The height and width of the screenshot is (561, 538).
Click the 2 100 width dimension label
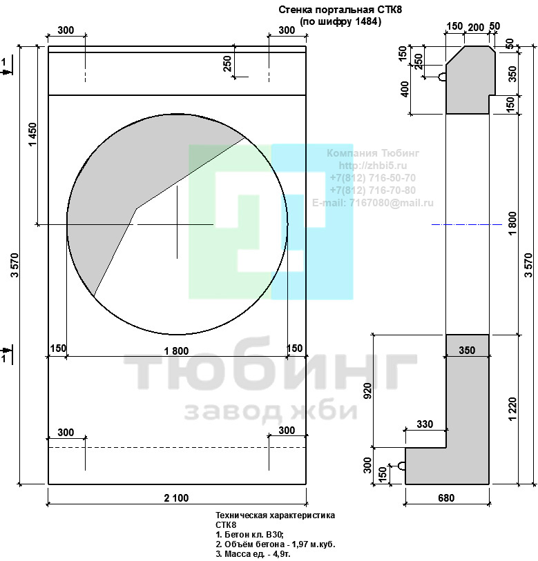click(x=176, y=498)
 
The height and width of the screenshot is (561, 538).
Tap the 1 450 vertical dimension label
click(x=32, y=135)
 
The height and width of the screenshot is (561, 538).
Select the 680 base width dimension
click(x=446, y=498)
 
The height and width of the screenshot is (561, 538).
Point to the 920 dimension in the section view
click(x=367, y=391)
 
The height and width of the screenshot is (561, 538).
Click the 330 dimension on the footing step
click(x=425, y=424)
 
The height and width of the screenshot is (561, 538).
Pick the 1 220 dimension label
click(x=512, y=409)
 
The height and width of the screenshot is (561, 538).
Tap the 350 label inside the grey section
click(x=467, y=350)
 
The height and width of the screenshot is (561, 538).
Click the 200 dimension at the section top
click(x=476, y=27)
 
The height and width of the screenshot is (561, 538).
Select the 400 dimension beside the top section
click(x=405, y=89)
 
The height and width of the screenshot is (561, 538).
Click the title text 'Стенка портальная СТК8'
click(x=340, y=10)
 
